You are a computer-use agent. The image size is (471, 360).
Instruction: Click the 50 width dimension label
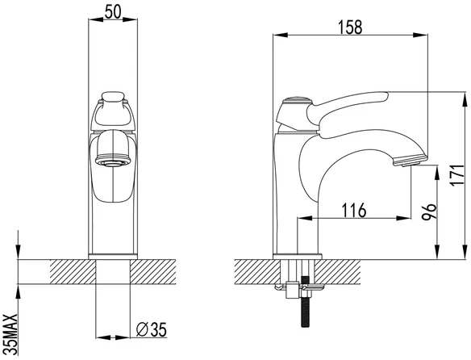[x=113, y=12]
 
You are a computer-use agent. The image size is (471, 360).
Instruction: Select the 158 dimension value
[x=350, y=27]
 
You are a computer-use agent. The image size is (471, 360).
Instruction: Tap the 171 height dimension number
[x=459, y=175]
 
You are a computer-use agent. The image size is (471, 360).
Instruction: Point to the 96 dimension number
[x=429, y=211]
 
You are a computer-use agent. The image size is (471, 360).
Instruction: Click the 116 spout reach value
[x=354, y=210]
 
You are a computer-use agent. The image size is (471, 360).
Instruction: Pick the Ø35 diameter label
[x=151, y=329]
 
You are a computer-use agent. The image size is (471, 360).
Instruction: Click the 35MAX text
[x=11, y=334]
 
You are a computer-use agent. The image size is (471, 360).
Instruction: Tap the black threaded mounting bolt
[x=305, y=301]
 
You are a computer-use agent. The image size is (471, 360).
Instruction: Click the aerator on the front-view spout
[x=113, y=161]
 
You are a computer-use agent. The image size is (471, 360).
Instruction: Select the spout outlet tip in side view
[x=410, y=159]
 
